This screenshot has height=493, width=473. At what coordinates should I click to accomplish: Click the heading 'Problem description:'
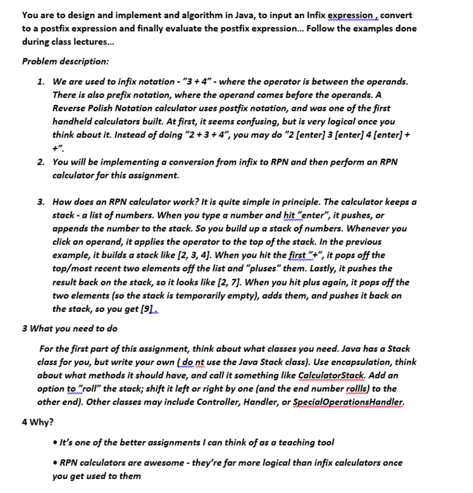[x=65, y=61]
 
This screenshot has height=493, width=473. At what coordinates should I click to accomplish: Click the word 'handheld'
[x=77, y=121]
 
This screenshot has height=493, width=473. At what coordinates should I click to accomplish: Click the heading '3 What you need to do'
[x=69, y=328]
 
